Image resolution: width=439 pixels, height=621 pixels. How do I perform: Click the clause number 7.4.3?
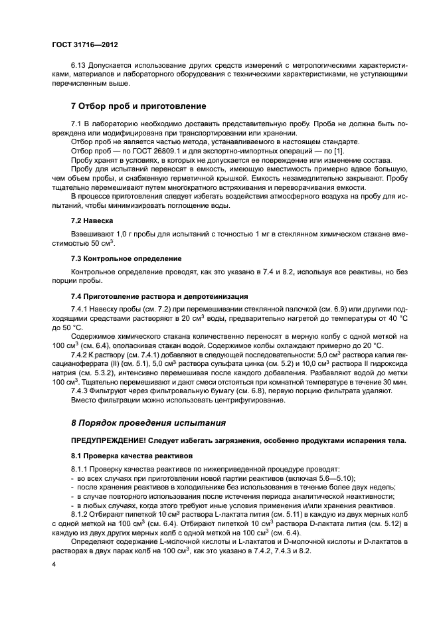[x=80, y=390]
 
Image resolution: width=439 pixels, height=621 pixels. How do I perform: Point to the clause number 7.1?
[x=76, y=123]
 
